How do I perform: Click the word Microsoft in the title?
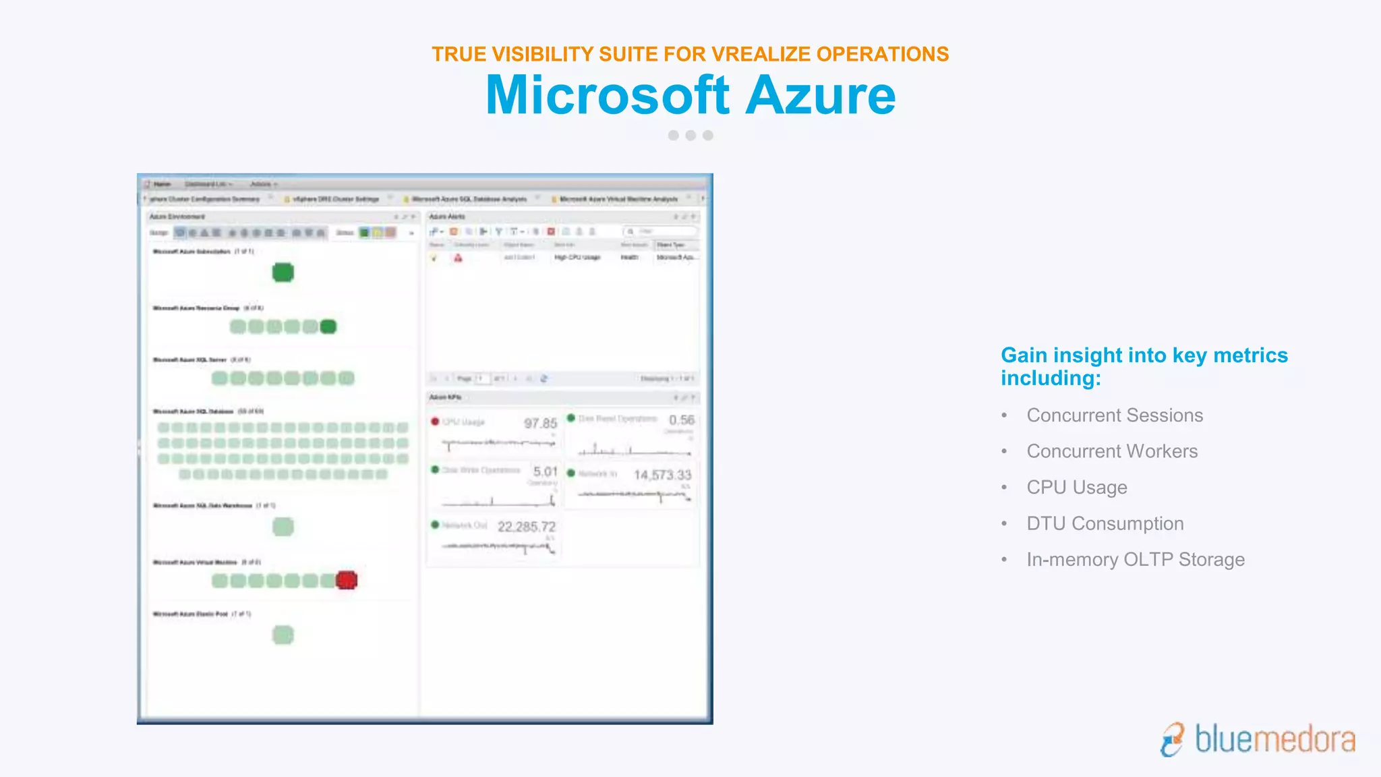tap(607, 95)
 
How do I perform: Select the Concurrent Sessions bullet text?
tap(1115, 415)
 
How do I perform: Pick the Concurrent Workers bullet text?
tap(1112, 451)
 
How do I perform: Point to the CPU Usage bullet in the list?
tap(1077, 488)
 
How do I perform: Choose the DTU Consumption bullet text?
tap(1105, 523)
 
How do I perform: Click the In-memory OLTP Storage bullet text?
tap(1136, 560)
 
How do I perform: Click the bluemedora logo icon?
tap(1173, 739)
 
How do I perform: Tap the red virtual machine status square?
tap(347, 580)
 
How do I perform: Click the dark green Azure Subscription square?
tap(283, 272)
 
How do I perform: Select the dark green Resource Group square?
tap(328, 327)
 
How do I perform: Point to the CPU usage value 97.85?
tap(541, 424)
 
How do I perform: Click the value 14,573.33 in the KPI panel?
tap(662, 475)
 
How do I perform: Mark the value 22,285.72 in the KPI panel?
tap(527, 527)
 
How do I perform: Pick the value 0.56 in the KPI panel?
tap(682, 420)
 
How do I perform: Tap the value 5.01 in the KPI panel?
tap(546, 471)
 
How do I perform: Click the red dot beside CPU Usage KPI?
tap(435, 422)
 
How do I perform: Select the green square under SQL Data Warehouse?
tap(283, 527)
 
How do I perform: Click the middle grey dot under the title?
tap(690, 136)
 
